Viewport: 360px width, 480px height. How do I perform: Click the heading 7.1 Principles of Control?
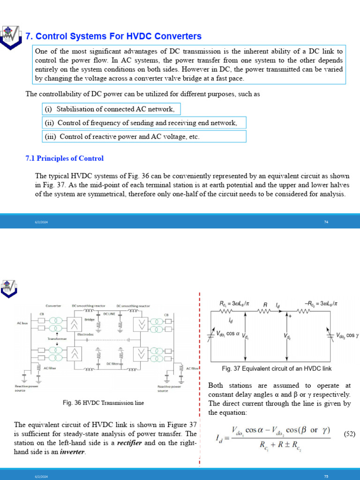click(64, 158)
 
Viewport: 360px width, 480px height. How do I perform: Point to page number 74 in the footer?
click(326, 222)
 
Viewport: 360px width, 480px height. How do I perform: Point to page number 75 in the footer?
click(326, 476)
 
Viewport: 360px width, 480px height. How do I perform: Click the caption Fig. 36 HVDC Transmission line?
click(103, 403)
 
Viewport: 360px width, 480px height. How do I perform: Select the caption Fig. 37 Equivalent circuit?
click(277, 369)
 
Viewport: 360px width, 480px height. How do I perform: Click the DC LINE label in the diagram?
click(109, 314)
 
